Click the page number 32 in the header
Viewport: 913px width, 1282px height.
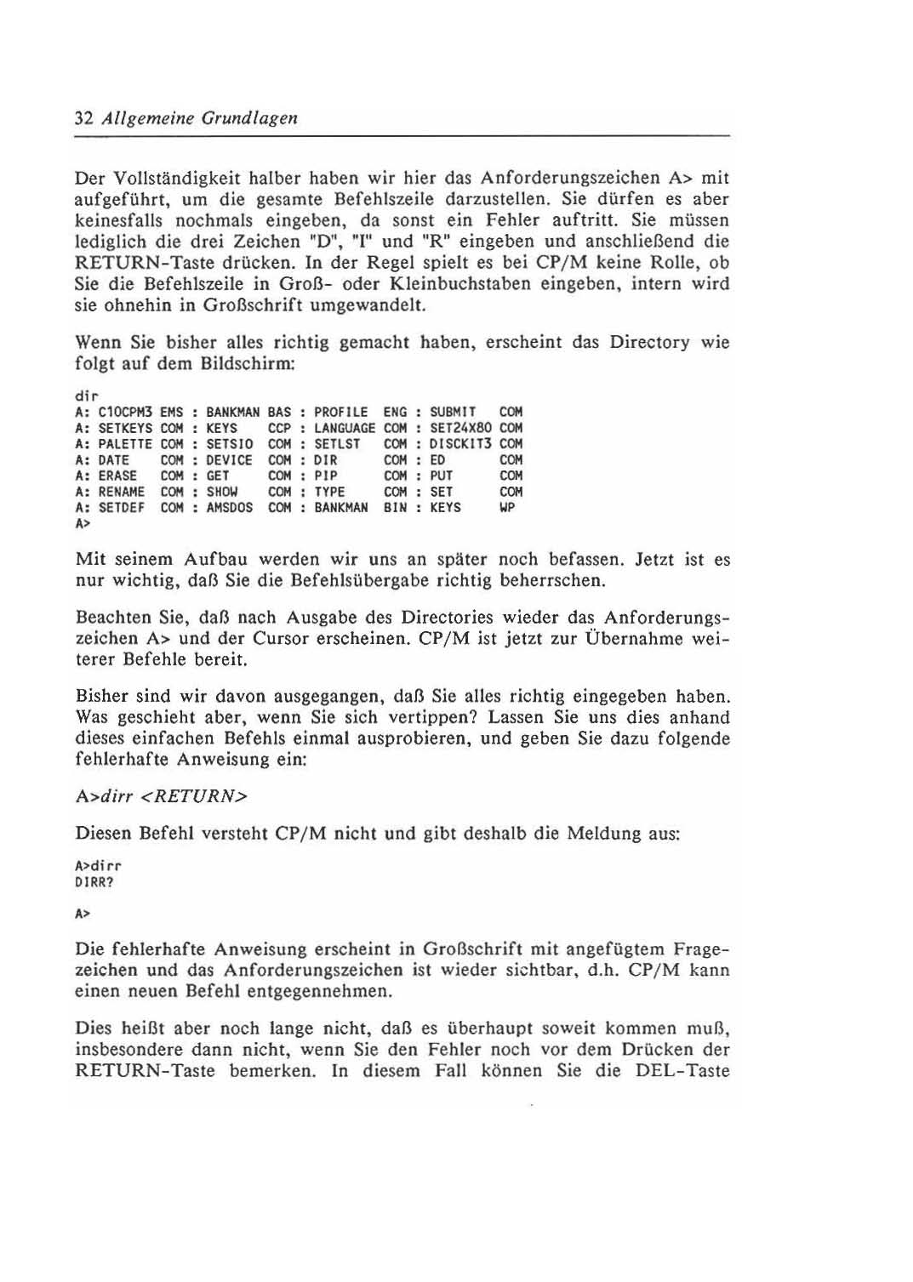(x=83, y=118)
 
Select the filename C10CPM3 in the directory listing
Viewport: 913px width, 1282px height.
(x=125, y=413)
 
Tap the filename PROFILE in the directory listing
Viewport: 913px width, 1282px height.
(x=341, y=413)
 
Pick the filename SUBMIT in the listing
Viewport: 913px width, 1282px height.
(x=453, y=413)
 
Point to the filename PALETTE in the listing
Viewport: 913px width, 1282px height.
(x=125, y=444)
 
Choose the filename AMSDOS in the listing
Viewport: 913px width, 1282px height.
(x=229, y=508)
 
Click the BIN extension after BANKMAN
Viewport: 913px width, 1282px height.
(x=395, y=508)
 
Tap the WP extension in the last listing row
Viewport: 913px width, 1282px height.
(x=507, y=508)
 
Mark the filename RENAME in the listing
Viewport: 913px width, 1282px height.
(x=122, y=492)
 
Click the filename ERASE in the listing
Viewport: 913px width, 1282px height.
(x=117, y=476)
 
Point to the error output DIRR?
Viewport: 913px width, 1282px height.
(x=94, y=882)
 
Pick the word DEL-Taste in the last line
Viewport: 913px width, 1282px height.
(x=682, y=1071)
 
